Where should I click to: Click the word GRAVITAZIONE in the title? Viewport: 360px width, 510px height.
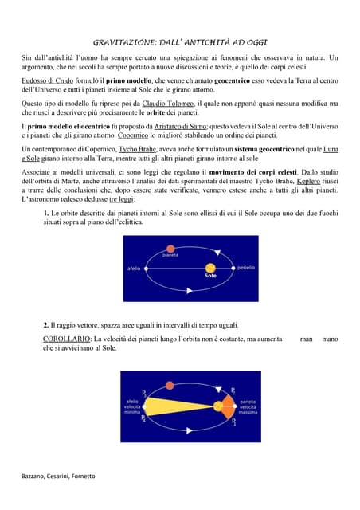(x=123, y=40)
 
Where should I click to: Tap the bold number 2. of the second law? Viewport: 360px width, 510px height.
(x=47, y=326)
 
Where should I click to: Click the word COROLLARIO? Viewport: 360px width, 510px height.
(x=65, y=339)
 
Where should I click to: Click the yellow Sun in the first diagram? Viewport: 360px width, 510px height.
(x=210, y=269)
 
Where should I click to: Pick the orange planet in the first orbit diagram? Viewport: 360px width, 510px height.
(x=170, y=248)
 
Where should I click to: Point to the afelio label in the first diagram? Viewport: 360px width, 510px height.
(x=134, y=269)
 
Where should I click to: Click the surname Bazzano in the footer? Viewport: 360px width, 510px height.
(x=35, y=476)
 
